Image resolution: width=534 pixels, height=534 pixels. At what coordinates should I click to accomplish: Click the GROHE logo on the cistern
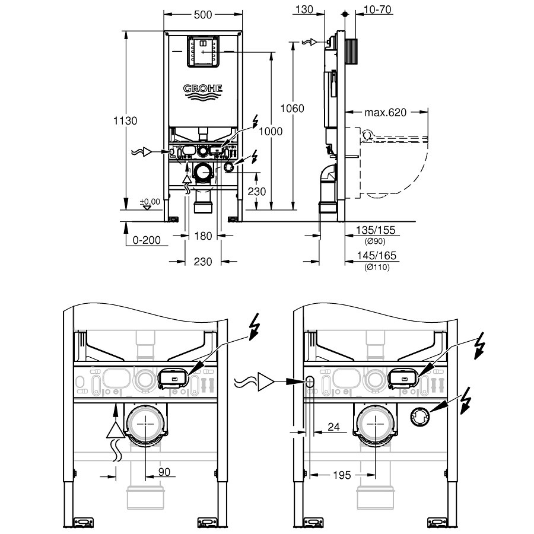[203, 92]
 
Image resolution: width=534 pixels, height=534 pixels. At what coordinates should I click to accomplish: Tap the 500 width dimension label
[203, 15]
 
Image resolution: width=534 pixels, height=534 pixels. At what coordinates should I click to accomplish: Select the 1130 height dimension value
[125, 120]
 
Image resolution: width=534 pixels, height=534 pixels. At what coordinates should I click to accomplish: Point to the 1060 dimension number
[292, 109]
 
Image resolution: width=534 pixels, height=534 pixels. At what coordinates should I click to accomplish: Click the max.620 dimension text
[386, 112]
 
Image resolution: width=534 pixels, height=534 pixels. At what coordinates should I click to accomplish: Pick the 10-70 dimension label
[377, 9]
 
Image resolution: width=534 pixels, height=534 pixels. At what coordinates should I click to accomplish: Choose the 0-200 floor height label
[147, 240]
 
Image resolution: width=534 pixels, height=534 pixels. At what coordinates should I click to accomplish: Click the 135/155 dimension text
[376, 230]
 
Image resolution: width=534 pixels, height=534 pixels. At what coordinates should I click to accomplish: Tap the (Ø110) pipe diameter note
[377, 267]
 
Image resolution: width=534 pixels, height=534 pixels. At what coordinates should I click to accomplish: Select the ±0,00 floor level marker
[150, 202]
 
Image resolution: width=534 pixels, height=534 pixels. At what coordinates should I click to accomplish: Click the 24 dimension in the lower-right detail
[333, 427]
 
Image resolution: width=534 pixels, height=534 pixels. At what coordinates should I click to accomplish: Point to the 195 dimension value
[342, 475]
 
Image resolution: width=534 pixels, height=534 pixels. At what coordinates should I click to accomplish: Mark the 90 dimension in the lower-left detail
[164, 472]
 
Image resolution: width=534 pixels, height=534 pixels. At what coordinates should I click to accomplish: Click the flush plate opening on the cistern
[203, 52]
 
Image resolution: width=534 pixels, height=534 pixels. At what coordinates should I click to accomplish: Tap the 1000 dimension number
[271, 132]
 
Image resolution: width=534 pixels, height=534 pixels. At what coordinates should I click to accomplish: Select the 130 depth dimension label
[304, 9]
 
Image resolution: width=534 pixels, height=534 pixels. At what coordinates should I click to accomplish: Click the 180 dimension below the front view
[203, 236]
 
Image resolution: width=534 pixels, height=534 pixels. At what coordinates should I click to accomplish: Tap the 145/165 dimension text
[377, 255]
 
